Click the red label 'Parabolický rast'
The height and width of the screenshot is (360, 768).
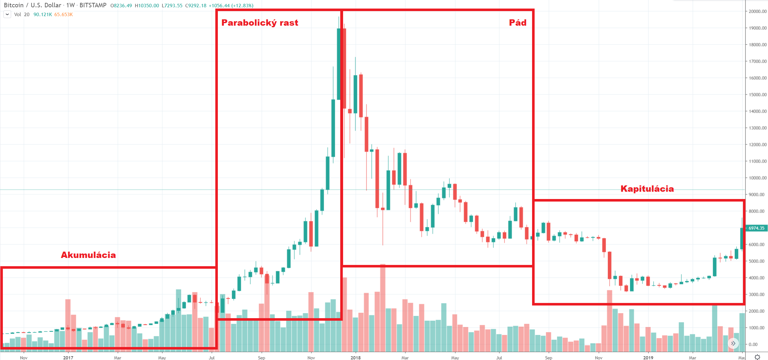260,23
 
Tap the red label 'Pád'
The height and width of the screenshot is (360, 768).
517,22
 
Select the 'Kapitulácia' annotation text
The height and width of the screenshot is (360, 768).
647,189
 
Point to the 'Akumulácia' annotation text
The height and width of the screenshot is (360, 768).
88,255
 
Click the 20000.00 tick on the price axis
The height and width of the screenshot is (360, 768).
758,11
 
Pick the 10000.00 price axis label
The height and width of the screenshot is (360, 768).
758,178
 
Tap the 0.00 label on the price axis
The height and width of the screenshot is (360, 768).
759,344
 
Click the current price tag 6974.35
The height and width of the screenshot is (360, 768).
756,228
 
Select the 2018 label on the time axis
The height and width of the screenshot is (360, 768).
355,358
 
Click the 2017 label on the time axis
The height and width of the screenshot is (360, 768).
68,358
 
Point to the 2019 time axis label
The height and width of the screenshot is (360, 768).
648,358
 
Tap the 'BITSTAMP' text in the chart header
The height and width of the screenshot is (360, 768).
93,5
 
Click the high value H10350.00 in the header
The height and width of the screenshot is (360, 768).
147,6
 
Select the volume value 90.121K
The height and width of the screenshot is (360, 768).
42,15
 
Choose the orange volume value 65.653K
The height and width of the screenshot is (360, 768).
63,15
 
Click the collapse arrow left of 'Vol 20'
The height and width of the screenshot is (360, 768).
7,14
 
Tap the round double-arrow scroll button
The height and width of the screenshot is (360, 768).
733,343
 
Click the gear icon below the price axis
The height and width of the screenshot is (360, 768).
758,357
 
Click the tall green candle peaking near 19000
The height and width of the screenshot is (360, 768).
339,63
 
